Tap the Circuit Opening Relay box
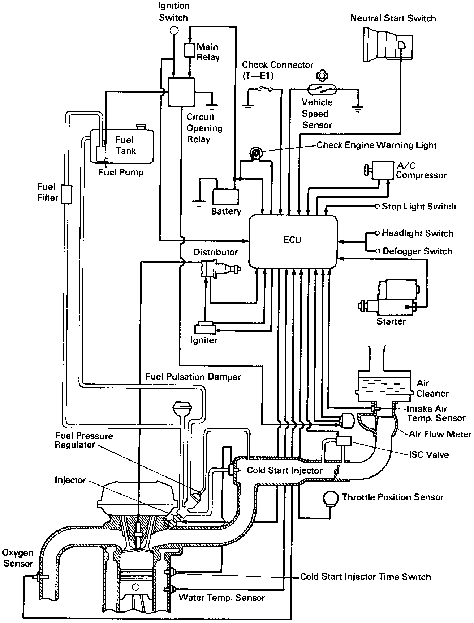[181, 92]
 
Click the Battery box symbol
[225, 197]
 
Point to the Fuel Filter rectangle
[66, 194]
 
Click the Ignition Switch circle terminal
[174, 30]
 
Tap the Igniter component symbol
[205, 328]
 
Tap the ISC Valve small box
[344, 441]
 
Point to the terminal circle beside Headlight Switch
[377, 233]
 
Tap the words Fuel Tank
[125, 145]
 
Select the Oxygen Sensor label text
[18, 558]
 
